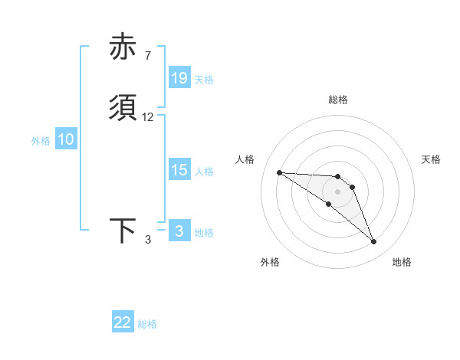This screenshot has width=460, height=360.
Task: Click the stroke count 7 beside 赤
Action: click(x=147, y=56)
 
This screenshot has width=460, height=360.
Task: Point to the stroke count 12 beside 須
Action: click(x=148, y=117)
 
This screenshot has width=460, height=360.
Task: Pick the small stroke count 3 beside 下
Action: click(x=148, y=240)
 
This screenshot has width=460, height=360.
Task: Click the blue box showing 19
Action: click(x=179, y=78)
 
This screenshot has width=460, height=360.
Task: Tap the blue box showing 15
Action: click(x=179, y=170)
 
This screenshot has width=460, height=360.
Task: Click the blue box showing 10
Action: click(x=66, y=139)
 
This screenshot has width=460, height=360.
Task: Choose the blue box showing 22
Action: click(x=123, y=322)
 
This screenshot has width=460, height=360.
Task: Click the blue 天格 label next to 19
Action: click(x=204, y=79)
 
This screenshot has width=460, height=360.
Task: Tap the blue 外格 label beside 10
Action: click(x=41, y=140)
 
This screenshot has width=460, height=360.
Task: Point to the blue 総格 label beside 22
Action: click(x=147, y=324)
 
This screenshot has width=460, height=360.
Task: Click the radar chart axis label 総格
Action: click(x=337, y=100)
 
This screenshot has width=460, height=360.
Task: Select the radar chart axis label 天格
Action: click(x=431, y=159)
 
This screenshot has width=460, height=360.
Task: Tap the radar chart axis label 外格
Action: click(x=270, y=262)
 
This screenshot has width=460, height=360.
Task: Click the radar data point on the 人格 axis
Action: click(x=279, y=172)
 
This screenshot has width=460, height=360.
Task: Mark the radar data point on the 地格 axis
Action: click(x=373, y=242)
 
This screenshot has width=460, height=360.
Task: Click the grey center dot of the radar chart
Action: click(x=337, y=191)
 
